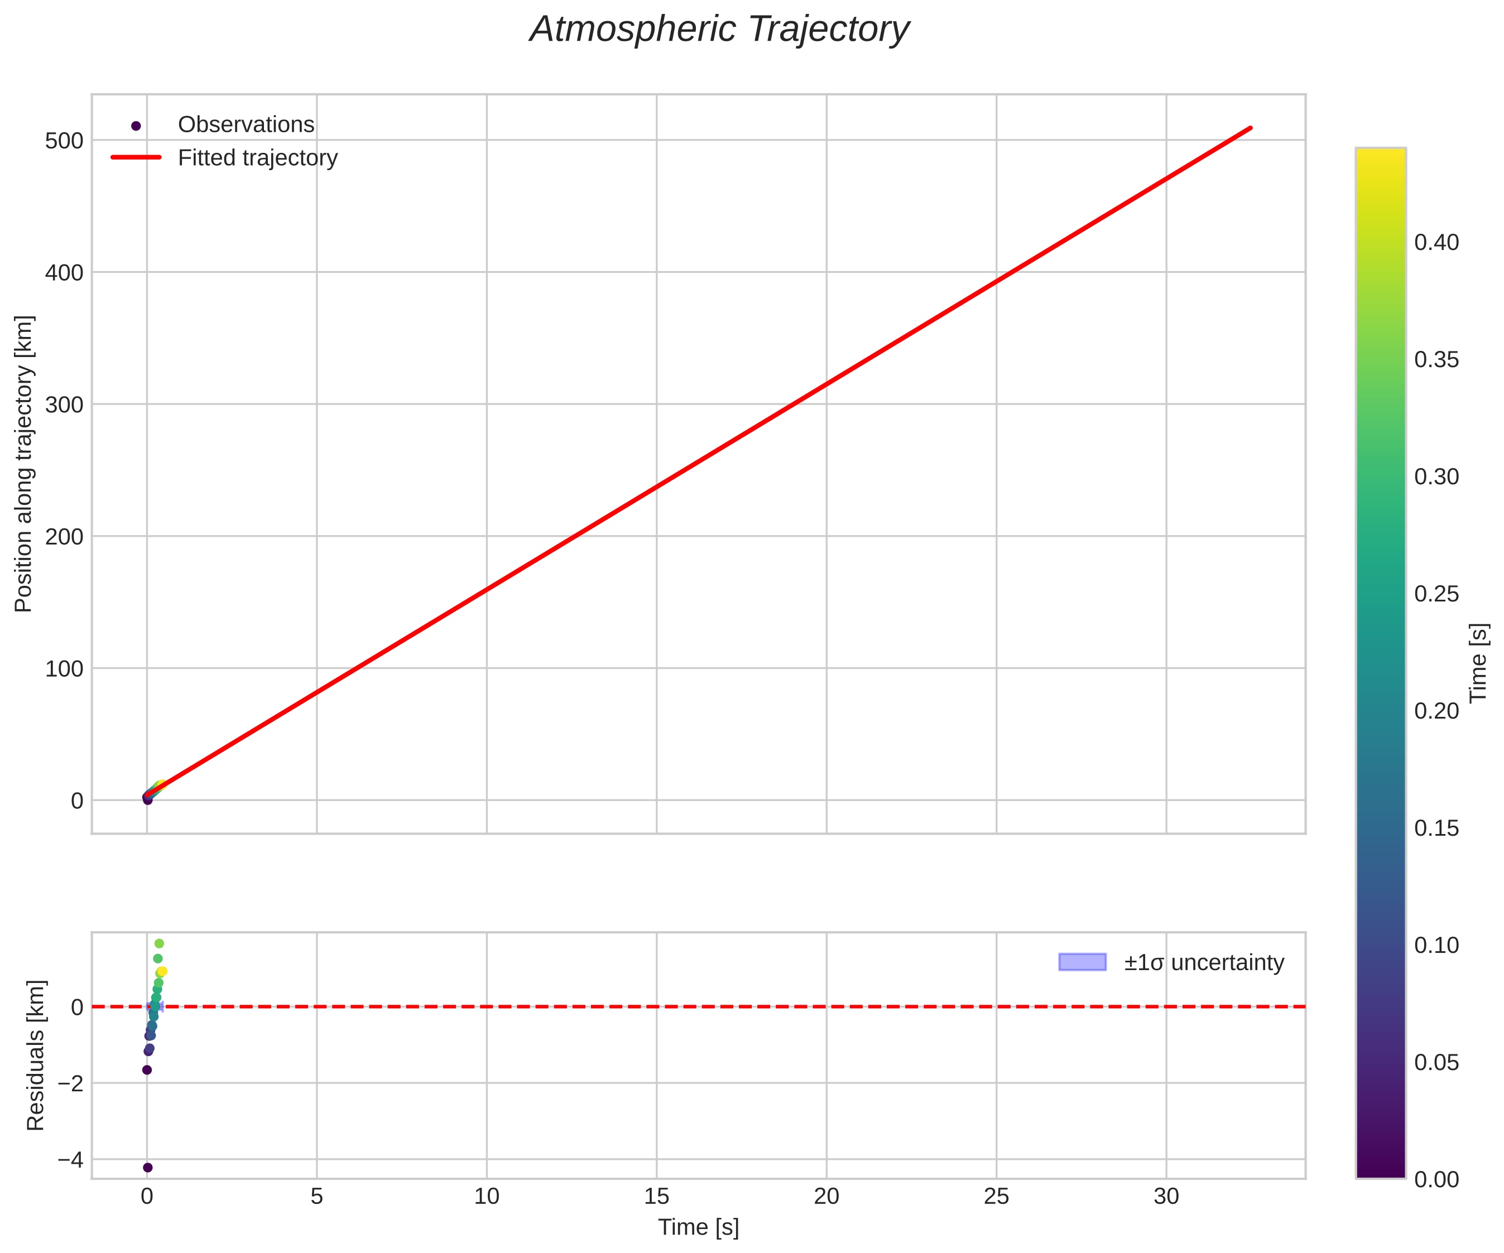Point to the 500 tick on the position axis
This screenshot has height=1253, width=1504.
tap(65, 141)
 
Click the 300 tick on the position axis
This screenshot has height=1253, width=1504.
tap(65, 404)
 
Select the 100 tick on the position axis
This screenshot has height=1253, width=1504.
tap(65, 669)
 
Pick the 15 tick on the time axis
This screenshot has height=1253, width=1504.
tap(656, 1197)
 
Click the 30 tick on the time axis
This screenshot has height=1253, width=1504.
tap(1166, 1197)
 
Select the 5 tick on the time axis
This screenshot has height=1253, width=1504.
tap(316, 1197)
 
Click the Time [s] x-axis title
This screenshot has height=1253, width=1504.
tap(698, 1227)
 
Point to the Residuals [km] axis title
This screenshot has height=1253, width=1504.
tap(35, 1056)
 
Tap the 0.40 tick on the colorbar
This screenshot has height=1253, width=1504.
tap(1436, 243)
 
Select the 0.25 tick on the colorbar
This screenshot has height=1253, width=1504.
tap(1436, 594)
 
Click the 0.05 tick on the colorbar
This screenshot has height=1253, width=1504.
tap(1436, 1063)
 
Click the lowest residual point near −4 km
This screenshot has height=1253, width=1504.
tap(147, 1167)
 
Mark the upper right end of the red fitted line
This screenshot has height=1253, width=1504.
tap(1251, 128)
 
